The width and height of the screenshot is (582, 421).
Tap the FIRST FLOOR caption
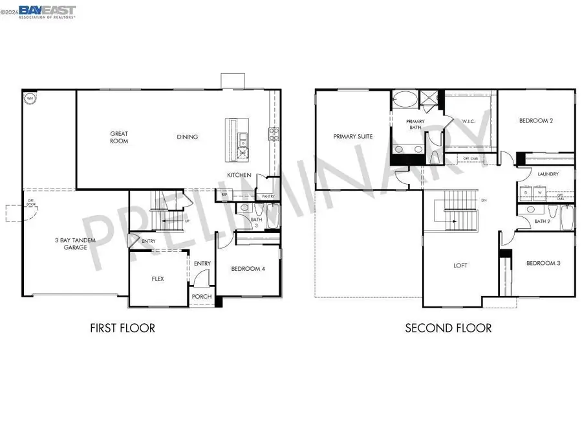(122, 328)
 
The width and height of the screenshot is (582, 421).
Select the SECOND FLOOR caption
(448, 328)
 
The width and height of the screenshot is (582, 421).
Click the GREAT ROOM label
(119, 137)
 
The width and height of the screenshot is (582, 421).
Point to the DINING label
(188, 137)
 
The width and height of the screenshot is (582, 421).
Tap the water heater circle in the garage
(29, 98)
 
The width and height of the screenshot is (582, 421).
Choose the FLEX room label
(158, 279)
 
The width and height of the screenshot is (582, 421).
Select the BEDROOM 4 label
(249, 268)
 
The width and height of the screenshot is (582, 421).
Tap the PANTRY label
(268, 196)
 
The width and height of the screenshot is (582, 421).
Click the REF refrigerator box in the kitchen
(225, 194)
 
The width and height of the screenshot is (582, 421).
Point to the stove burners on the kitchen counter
(274, 134)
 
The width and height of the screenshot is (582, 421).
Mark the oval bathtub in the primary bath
(405, 100)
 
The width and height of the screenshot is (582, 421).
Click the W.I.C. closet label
(469, 120)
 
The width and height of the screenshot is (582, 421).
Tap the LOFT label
(460, 266)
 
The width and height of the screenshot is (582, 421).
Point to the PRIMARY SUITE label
(352, 137)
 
